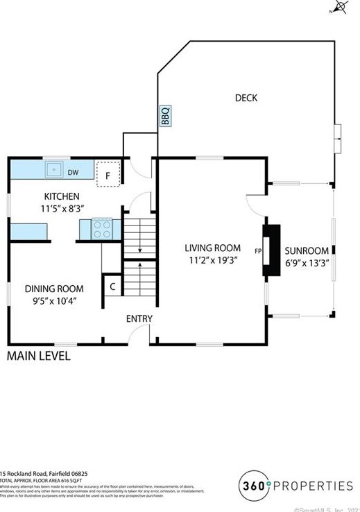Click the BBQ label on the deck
coord(165,115)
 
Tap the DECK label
coord(246,98)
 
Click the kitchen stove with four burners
coord(102,228)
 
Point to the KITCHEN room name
coord(62,196)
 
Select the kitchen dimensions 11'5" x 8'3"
coord(62,207)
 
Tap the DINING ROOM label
coord(54,289)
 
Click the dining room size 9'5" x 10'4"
coord(54,300)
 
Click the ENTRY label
coord(139,318)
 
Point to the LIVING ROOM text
coord(212,248)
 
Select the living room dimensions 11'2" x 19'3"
coord(212,260)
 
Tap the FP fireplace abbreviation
coord(258,251)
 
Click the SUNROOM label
coord(307,250)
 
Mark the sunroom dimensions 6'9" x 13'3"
coord(307,263)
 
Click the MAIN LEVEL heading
coord(38,357)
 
